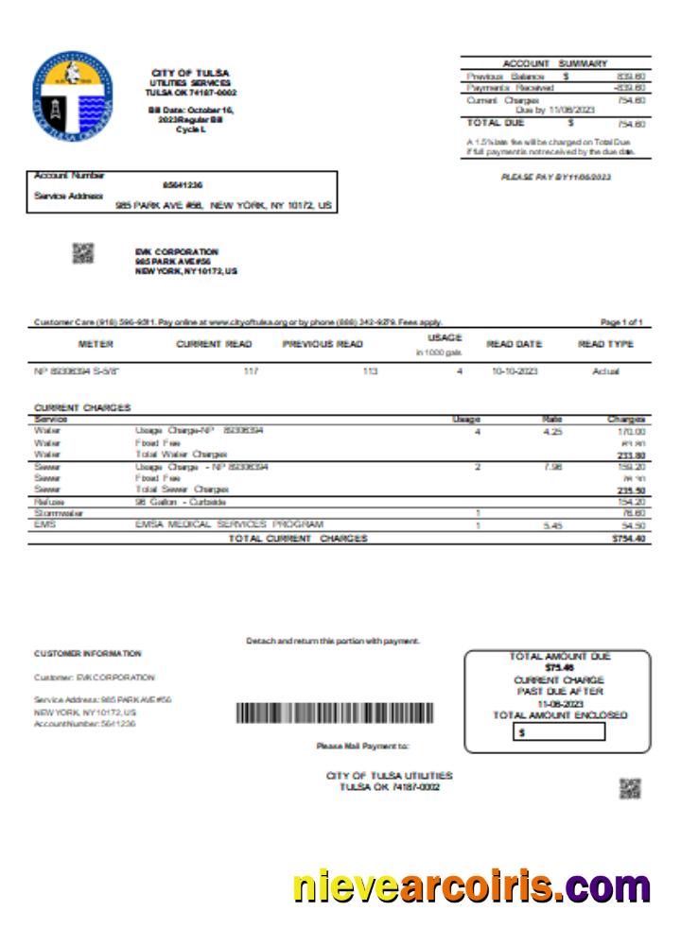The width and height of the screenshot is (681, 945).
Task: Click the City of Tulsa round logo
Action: click(x=72, y=97)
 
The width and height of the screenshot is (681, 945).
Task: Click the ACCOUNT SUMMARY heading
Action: click(x=555, y=63)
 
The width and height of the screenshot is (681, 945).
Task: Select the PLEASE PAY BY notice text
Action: click(x=555, y=177)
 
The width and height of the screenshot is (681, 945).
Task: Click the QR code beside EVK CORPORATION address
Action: click(x=84, y=252)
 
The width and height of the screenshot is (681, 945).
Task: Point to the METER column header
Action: click(x=96, y=344)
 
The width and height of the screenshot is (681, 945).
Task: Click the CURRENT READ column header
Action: click(x=214, y=344)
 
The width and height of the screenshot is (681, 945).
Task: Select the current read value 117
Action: click(x=251, y=371)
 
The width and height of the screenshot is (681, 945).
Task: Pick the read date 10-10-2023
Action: click(x=515, y=371)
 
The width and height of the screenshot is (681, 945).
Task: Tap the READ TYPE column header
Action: click(x=605, y=344)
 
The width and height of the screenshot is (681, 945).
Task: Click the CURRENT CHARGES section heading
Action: click(x=82, y=407)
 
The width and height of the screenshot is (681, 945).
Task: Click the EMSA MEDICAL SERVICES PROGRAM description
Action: click(x=229, y=524)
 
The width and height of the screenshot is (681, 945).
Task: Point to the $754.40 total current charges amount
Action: click(x=626, y=539)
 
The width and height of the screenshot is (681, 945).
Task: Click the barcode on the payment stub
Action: click(x=334, y=713)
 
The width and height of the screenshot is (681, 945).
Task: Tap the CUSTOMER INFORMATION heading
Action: click(x=88, y=653)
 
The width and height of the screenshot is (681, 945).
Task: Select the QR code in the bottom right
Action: click(x=630, y=788)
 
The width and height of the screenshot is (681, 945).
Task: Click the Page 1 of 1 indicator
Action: click(x=621, y=323)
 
